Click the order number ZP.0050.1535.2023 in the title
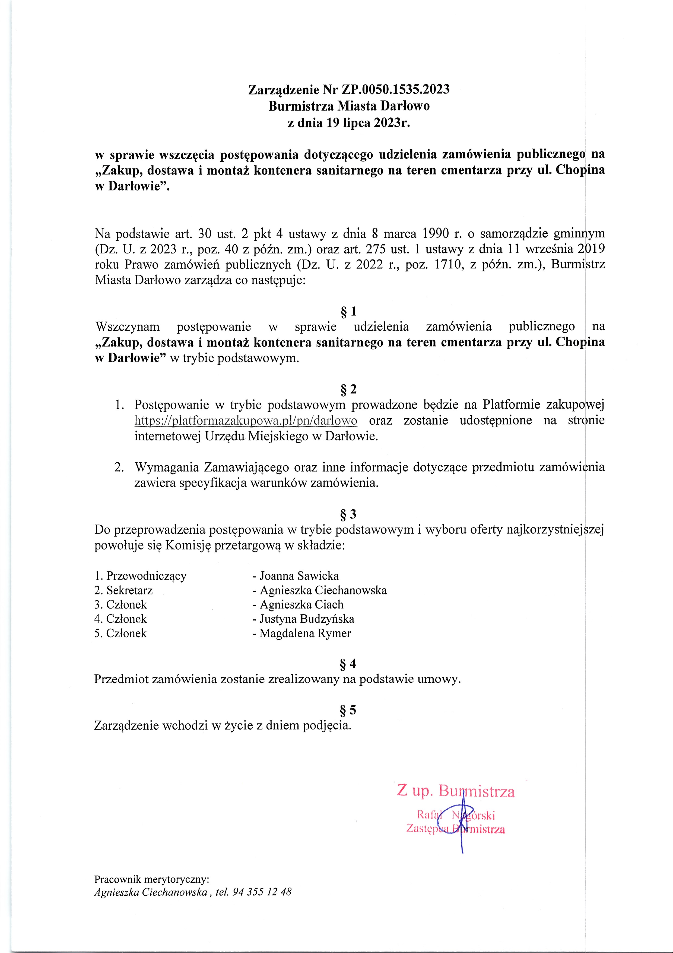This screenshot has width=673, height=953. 395,90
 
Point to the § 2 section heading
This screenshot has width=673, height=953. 348,389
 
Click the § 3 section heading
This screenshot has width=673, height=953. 348,514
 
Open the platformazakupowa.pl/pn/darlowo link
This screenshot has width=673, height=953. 246,421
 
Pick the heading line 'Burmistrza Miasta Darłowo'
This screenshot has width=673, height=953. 349,106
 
